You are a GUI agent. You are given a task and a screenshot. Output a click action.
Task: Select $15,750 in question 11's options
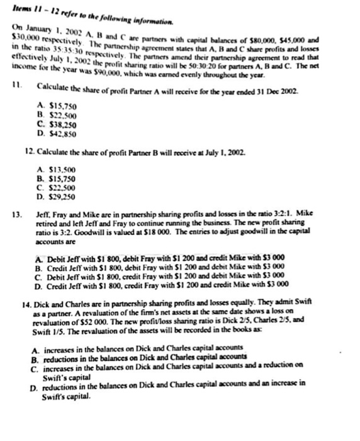[x=60, y=106]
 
